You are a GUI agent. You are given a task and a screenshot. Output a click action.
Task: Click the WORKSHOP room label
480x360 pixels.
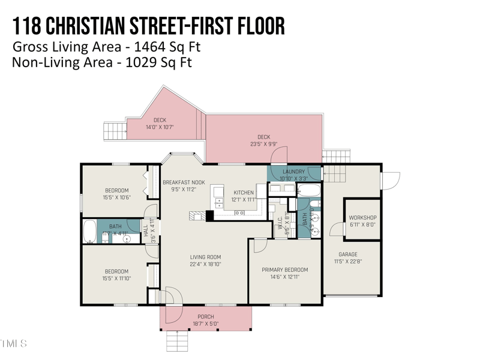pos(362,218)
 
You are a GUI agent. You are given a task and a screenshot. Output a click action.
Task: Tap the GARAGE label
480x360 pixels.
pos(348,254)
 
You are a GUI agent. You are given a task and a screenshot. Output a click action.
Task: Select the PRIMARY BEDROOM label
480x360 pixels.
pos(285,270)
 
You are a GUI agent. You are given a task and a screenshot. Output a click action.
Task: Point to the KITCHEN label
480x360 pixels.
pos(244,193)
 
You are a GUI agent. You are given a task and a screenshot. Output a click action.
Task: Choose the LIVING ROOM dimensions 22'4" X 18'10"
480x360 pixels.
pos(206,265)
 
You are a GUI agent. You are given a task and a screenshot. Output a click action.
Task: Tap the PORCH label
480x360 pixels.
pos(206,317)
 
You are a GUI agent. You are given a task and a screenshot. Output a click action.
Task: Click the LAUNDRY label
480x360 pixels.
pos(294,172)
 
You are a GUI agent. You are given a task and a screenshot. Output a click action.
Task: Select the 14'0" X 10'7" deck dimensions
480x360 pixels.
pos(160,127)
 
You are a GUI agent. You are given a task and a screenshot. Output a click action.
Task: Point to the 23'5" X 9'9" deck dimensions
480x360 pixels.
pos(263,144)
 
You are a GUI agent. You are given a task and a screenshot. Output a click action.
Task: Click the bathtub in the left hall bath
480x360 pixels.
pos(89,231)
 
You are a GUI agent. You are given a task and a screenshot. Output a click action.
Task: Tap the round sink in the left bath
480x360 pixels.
pos(127,239)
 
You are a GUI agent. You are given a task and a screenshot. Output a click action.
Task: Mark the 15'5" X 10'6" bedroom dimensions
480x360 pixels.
pos(116,197)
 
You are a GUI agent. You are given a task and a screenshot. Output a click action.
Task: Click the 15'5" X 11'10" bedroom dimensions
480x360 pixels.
pos(116,278)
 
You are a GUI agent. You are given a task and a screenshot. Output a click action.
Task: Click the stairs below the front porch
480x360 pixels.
pos(178,341)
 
